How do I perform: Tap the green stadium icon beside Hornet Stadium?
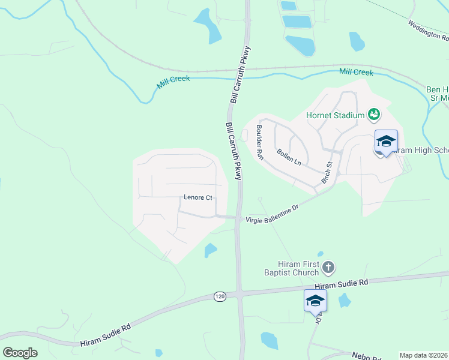[374, 113]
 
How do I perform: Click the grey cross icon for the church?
[328, 267]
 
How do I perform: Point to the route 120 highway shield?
[220, 297]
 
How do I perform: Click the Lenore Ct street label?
[198, 197]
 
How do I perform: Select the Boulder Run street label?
[260, 142]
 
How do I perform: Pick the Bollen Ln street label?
[289, 158]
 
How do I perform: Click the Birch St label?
[327, 172]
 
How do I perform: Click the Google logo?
[20, 353]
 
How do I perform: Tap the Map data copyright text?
[424, 355]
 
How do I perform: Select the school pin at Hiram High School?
[386, 142]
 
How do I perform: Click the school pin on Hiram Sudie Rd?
[315, 300]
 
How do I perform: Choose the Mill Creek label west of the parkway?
[173, 82]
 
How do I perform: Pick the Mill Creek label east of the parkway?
[356, 72]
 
